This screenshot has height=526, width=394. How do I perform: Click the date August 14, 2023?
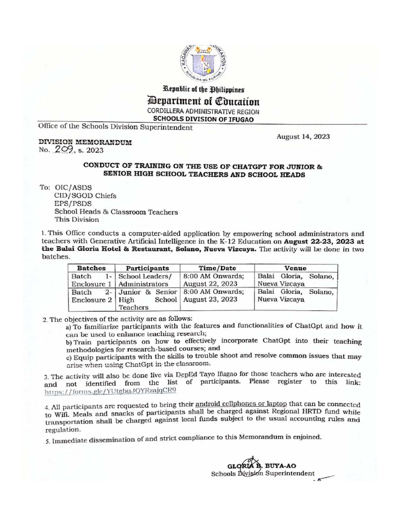pos(303,137)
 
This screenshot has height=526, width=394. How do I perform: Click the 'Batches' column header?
pos(91,268)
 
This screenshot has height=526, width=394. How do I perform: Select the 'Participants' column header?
pos(148,268)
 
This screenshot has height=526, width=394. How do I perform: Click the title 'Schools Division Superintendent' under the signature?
pos(263,474)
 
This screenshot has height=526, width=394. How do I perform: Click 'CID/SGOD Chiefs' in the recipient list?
pos(85,195)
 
